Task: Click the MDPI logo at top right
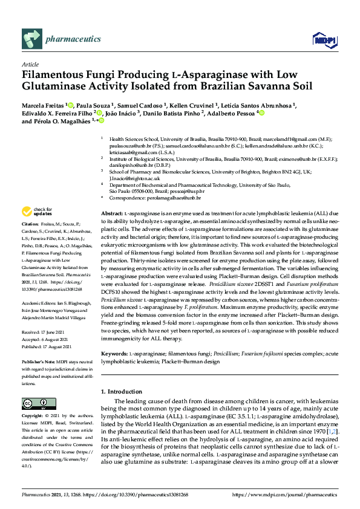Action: [323, 41]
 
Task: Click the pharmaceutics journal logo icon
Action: [31, 40]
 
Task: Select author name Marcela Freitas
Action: [43, 104]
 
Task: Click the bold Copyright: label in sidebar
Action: [34, 417]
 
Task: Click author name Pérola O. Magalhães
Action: [64, 121]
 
